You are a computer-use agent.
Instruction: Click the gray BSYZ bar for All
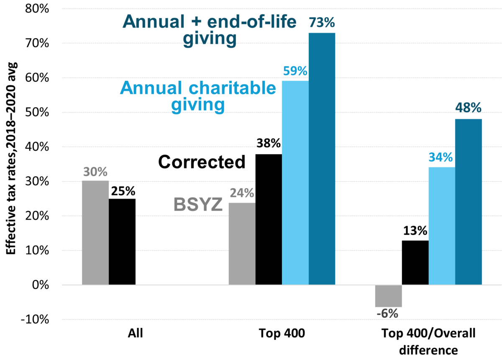[95, 233]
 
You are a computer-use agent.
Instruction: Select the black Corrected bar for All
[122, 242]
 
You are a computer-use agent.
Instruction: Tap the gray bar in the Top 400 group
[242, 244]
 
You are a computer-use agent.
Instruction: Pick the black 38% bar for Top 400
[269, 219]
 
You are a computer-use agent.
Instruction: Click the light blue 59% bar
[295, 183]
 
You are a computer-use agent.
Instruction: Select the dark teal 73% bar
[322, 159]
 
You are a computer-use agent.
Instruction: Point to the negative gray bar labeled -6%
[389, 296]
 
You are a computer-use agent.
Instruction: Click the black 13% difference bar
[415, 262]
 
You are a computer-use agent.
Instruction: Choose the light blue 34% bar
[442, 226]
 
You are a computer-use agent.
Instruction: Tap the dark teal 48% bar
[469, 202]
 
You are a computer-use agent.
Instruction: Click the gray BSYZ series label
[197, 205]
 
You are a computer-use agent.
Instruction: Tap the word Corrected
[202, 162]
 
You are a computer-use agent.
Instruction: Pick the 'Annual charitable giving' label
[198, 96]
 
